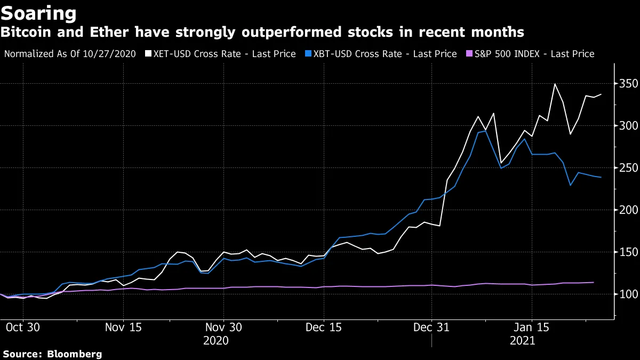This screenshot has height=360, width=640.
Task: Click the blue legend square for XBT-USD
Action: pos(308,54)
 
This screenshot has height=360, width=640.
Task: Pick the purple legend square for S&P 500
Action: pos(469,54)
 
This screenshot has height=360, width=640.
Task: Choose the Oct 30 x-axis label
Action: pos(22,327)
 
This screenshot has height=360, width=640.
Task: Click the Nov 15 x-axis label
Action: pos(123,327)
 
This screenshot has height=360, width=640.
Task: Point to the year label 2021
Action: pos(523,341)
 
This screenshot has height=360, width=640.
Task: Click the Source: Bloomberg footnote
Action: pos(52,354)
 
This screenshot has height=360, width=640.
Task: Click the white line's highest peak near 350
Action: pos(555,84)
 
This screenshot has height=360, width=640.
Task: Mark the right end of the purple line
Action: pos(594,282)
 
